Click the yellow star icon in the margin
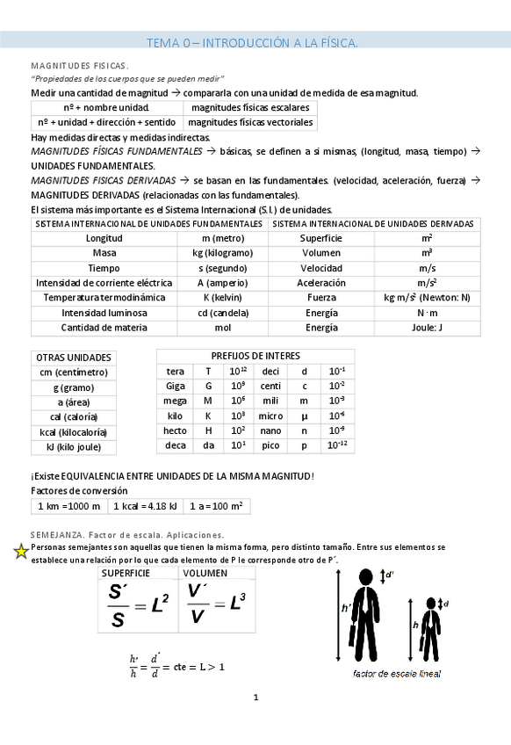21,552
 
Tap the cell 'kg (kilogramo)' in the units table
222,252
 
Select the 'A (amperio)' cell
222,283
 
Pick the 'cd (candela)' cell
222,313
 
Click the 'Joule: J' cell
427,328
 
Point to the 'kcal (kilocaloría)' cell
74,432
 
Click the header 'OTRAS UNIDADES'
74,358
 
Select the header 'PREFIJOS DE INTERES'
255,356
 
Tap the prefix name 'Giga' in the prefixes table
176,386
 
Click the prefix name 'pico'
270,445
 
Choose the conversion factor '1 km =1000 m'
69,506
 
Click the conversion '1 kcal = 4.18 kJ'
147,506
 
